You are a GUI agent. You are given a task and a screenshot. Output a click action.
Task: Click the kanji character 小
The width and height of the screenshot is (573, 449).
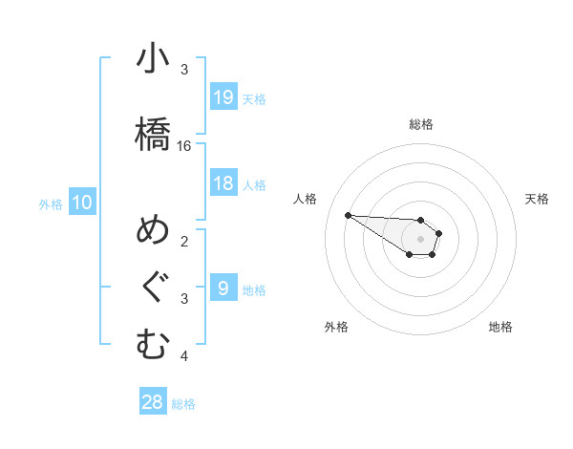point(153,60)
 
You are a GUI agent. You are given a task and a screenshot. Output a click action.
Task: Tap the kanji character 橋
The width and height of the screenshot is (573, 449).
point(153,133)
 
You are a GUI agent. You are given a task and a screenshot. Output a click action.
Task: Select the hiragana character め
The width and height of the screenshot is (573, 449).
point(153,232)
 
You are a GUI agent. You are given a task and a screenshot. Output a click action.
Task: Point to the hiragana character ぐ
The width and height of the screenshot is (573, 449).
point(153,288)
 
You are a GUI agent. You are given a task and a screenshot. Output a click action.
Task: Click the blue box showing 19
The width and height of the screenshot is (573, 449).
point(223,96)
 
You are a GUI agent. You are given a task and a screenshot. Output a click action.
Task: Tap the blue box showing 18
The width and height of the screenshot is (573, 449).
point(223,183)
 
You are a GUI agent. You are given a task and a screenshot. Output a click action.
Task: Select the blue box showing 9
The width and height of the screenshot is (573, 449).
point(223,288)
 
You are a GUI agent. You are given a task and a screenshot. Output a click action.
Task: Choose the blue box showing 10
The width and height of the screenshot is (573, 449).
point(82,202)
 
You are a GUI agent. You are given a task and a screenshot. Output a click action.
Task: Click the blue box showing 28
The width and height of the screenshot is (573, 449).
point(153,401)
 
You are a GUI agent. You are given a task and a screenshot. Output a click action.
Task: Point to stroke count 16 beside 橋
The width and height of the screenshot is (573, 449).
point(184,146)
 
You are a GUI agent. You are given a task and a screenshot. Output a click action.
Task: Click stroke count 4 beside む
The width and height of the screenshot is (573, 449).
point(184,357)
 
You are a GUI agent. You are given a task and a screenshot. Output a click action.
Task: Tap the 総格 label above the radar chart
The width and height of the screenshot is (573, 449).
point(421,124)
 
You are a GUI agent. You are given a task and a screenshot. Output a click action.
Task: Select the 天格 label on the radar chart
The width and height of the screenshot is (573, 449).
point(537,199)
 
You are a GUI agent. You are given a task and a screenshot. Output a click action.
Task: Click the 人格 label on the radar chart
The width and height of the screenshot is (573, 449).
point(305,199)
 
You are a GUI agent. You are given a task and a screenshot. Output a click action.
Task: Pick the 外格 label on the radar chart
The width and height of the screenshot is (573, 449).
point(335,327)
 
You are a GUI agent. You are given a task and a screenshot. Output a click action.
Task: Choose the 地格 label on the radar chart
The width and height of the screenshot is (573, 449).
point(500,327)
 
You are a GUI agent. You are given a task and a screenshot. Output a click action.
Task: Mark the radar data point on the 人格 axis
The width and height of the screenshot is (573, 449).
point(348,215)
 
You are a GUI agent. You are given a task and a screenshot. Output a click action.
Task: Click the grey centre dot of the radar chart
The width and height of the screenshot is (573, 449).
point(420,238)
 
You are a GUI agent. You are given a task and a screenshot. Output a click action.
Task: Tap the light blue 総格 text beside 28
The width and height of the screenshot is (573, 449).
point(183,404)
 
